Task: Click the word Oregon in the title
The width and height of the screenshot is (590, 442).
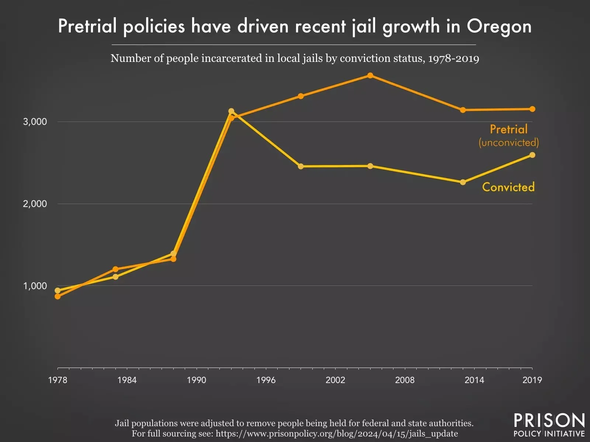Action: (499, 27)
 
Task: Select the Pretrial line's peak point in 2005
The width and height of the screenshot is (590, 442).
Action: (370, 76)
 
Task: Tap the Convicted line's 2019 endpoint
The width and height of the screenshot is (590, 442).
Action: (532, 155)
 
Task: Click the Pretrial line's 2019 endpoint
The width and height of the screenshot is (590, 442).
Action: (532, 109)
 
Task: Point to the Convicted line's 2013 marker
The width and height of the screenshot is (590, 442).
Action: (463, 182)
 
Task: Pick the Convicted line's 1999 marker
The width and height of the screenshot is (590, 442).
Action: (301, 166)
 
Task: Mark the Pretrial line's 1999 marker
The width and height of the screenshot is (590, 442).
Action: (301, 96)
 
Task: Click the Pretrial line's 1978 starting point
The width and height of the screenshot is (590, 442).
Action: (58, 296)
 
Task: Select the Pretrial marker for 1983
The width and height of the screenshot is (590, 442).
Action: (115, 269)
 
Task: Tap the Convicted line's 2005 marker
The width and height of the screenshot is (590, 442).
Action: (370, 166)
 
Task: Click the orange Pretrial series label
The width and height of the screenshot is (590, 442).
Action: (509, 129)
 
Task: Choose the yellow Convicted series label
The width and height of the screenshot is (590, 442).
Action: (508, 187)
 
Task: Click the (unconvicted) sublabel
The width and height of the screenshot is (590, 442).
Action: (509, 143)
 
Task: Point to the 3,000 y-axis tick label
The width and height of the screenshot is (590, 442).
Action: (35, 122)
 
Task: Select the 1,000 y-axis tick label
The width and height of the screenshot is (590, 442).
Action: (35, 286)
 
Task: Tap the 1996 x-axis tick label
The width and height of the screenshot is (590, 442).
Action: (266, 380)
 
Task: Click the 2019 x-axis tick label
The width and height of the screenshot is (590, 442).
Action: (532, 380)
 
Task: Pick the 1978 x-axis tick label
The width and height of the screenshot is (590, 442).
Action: (58, 380)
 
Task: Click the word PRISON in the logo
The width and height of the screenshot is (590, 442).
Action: (549, 421)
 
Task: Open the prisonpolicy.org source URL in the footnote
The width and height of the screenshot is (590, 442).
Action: (337, 434)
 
